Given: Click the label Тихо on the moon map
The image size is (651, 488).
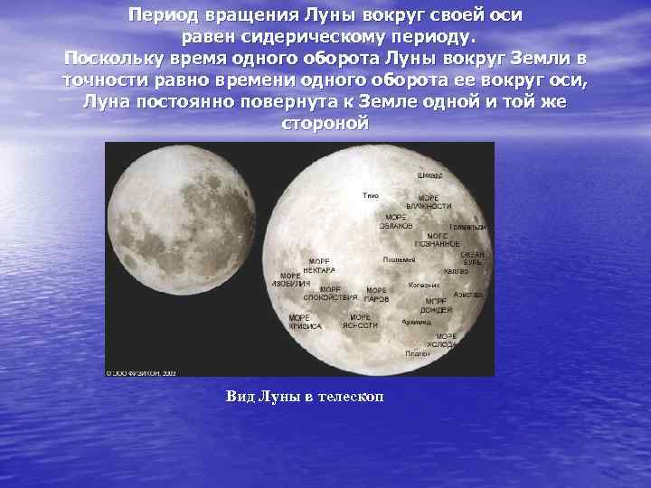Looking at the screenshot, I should tap(370, 195).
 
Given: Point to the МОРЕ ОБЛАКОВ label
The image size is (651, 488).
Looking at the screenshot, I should tap(396, 221).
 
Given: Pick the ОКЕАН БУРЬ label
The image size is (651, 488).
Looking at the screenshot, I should tap(472, 259).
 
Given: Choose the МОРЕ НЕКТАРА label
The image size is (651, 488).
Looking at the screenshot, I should tap(319, 266).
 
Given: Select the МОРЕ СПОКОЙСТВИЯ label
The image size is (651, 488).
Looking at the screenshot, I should tap(327, 293).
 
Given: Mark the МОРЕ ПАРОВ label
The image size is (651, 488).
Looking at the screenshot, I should tap(376, 295).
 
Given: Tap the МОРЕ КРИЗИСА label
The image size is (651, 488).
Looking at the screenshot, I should tap(304, 322).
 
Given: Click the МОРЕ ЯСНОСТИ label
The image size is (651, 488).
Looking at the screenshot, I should tap(360, 322).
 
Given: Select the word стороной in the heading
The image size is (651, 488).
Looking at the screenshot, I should tap(325, 122).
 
